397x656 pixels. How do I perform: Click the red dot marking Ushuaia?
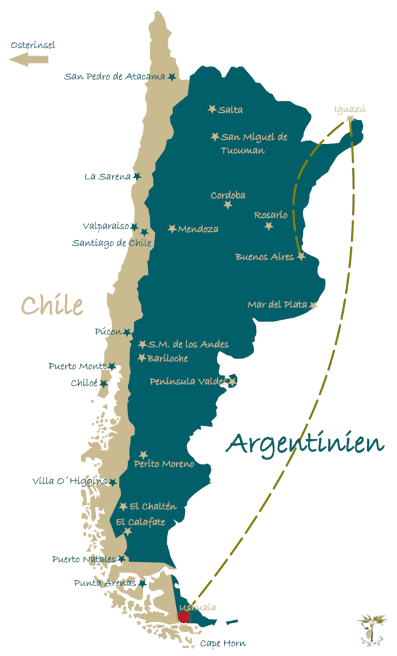coord(184,617)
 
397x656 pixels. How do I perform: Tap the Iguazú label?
coord(350,109)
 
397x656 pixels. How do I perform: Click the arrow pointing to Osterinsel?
coord(29,60)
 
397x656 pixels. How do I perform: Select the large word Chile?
coord(52,305)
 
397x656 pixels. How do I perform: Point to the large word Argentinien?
coord(305,443)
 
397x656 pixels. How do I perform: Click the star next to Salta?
coord(212,110)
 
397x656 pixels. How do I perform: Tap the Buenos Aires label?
coord(264,257)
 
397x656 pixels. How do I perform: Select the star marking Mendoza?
coord(172,229)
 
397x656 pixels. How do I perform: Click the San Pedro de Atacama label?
coord(115,77)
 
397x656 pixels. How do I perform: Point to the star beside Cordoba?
coord(228,205)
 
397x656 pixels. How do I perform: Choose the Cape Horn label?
coord(223,643)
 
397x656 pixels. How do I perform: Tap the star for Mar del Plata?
coord(313,305)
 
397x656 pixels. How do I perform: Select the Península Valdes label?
coord(188,382)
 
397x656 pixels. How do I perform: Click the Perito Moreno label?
coord(164,464)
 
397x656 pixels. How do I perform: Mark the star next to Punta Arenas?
coord(142,583)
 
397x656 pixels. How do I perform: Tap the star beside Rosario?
coord(268,226)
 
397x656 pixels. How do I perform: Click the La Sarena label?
coord(108,177)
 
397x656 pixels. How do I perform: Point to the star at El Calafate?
coord(127,531)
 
